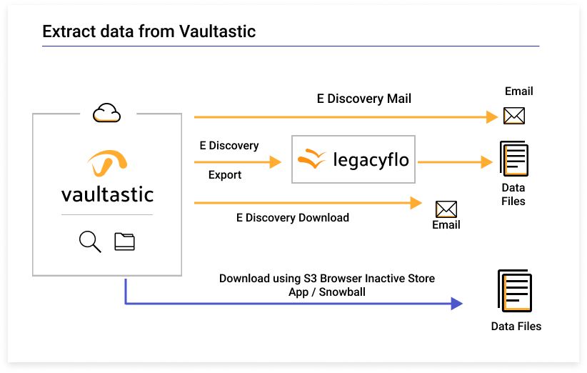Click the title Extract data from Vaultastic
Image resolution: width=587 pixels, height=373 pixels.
pos(149,31)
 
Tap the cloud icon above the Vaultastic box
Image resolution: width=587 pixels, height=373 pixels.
pos(106,112)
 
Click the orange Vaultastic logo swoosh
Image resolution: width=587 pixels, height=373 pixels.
pos(108,164)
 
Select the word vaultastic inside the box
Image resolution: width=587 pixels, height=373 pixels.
pos(107,194)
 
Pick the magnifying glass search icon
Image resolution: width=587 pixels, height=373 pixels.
pos(90,242)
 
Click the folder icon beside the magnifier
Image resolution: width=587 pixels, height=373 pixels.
pos(124,242)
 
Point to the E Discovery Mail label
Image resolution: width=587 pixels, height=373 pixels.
pos(363,99)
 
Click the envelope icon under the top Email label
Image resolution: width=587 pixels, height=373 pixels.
pos(514,116)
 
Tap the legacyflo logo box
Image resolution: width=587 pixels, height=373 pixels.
pos(353,159)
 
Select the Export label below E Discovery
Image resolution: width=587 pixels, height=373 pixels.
pos(225,175)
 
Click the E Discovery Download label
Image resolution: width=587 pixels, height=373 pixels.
pos(292,217)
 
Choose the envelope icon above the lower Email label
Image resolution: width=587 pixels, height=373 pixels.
pos(446,209)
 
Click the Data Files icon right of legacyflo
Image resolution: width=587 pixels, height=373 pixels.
pos(514,159)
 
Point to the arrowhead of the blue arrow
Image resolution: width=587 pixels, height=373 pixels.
pos(456,304)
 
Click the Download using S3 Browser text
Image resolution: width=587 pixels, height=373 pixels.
pos(326,278)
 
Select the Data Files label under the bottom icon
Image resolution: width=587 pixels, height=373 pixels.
pos(516,327)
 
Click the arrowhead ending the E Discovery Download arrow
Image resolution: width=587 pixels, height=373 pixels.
pos(416,203)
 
